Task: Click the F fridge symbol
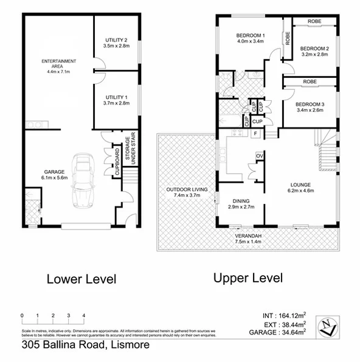click(256, 133)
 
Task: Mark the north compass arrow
click(330, 326)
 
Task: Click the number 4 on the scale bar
click(83, 316)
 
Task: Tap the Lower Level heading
click(81, 279)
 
